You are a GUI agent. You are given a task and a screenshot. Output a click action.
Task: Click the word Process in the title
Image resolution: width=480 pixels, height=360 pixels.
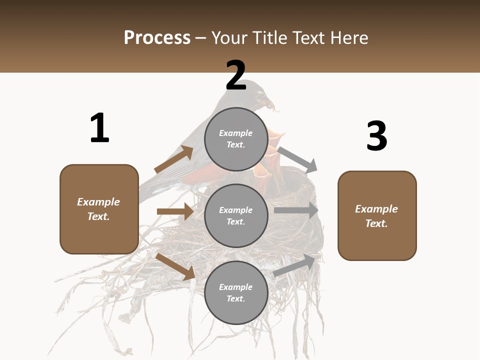157,38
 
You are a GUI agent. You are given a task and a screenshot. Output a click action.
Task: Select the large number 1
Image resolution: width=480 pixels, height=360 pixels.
99,128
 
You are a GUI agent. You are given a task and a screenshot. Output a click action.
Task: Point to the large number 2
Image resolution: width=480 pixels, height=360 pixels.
235,76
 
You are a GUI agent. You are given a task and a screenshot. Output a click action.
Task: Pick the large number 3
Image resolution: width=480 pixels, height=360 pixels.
376,136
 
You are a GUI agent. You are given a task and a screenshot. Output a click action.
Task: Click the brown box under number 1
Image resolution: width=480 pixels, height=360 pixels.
99,209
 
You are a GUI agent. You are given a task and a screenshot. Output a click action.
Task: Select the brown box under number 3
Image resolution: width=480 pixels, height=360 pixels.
377,216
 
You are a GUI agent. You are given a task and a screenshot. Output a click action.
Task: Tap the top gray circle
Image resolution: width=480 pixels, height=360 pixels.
236,139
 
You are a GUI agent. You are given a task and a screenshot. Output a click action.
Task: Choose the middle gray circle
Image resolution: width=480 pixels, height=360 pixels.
236,216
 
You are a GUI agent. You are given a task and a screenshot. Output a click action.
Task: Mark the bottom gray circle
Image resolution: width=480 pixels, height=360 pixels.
236,293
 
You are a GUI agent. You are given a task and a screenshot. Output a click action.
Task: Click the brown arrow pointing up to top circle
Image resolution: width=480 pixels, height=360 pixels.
174,159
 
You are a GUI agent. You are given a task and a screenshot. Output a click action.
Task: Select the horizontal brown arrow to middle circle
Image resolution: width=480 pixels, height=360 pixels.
175,211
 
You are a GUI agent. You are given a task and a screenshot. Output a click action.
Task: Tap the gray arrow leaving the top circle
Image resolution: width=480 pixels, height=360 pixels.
298,159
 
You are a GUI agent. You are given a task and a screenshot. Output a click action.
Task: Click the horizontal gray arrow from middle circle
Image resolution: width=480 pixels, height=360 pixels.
296,210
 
